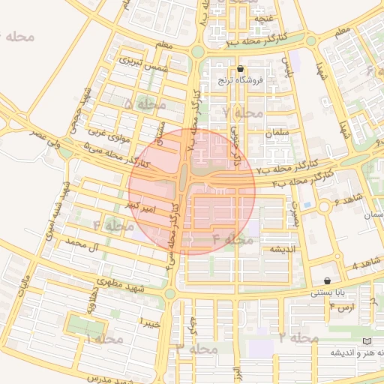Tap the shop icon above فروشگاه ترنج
240,68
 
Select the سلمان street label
277,133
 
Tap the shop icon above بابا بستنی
327,280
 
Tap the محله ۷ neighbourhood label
241,112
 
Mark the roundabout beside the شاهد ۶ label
324,206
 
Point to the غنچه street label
265,17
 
